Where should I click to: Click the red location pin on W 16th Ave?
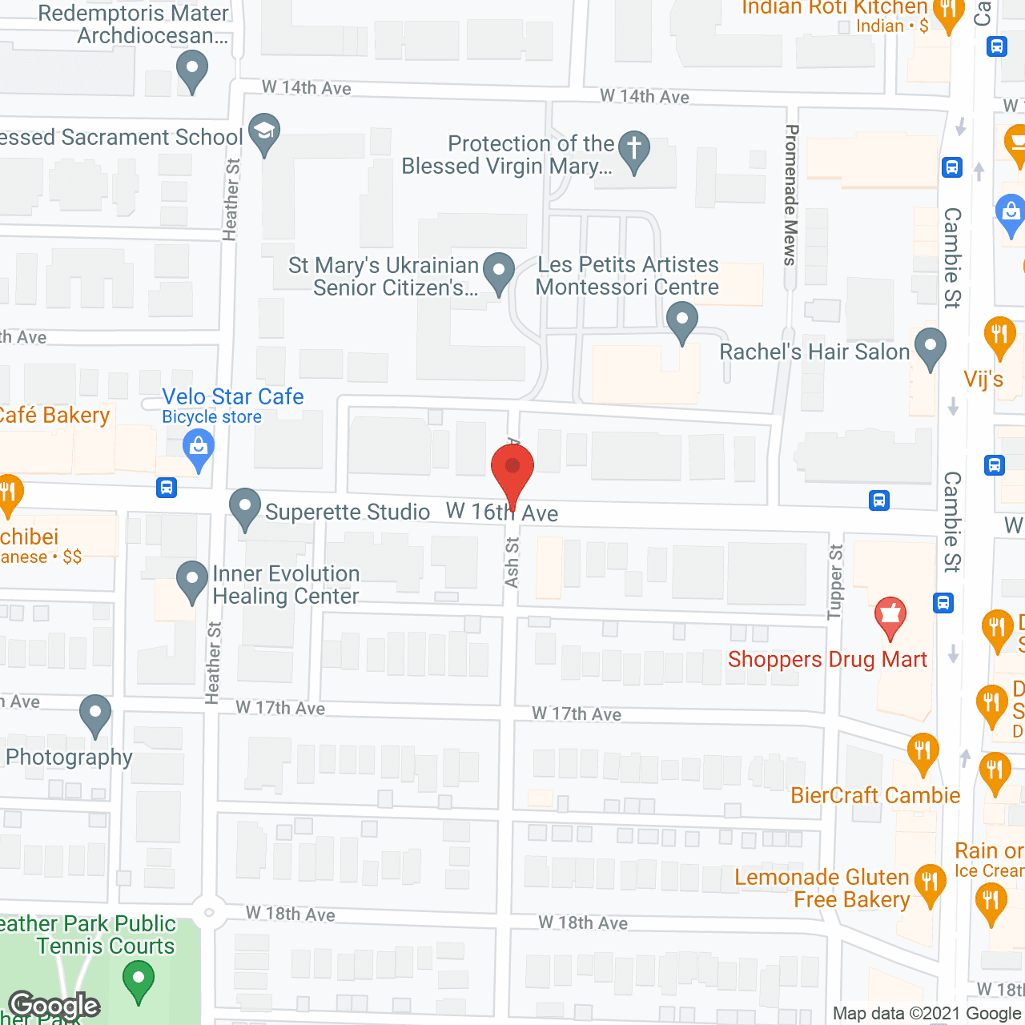pyautogui.click(x=512, y=468)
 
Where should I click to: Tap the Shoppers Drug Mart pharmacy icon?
pyautogui.click(x=890, y=616)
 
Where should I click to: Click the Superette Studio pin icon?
pyautogui.click(x=245, y=507)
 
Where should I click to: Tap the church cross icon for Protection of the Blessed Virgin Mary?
pyautogui.click(x=634, y=149)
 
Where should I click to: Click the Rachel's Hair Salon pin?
pyautogui.click(x=930, y=348)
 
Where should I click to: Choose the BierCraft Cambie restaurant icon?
pyautogui.click(x=922, y=752)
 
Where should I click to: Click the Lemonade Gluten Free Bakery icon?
pyautogui.click(x=930, y=883)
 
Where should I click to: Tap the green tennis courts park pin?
pyautogui.click(x=139, y=979)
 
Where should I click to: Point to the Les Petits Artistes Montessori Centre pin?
pyautogui.click(x=682, y=320)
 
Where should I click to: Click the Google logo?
pyautogui.click(x=54, y=1006)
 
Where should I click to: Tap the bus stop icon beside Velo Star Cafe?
pyautogui.click(x=167, y=487)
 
